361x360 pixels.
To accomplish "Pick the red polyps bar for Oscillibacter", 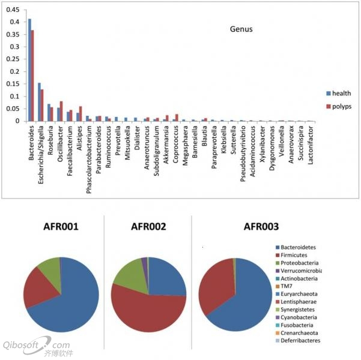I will click(61, 111).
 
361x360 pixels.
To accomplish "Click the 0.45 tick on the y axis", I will click(14, 10).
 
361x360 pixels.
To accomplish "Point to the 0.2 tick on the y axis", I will click(16, 71).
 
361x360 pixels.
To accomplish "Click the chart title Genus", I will click(241, 29).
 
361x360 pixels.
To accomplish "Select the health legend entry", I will click(341, 93).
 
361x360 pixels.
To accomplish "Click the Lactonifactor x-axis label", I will click(310, 142).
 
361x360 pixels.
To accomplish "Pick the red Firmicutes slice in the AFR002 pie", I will click(150, 312).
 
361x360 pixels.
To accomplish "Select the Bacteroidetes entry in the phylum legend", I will click(300, 247).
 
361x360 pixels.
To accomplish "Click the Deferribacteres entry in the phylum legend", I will click(300, 341).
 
